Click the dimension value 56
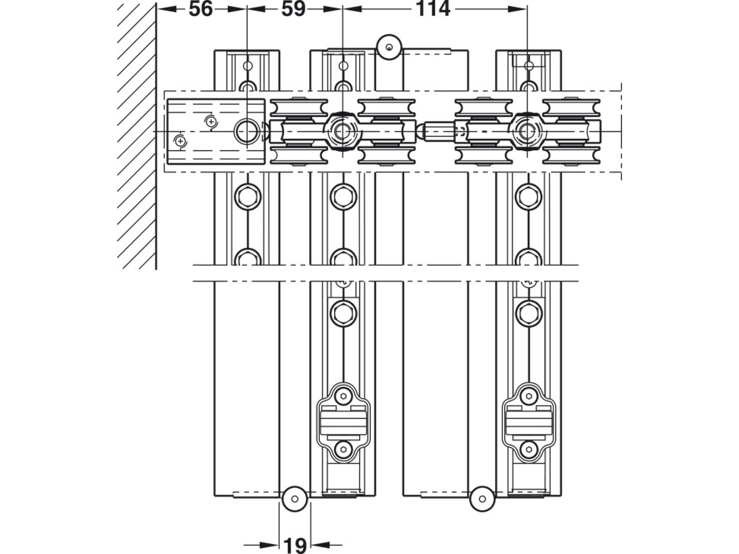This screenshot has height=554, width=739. tap(201, 9)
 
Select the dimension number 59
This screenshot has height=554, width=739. tap(294, 9)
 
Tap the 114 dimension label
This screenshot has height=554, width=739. tap(433, 9)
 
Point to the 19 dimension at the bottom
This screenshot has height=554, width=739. tap(295, 545)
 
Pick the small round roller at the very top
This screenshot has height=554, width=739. tap(389, 47)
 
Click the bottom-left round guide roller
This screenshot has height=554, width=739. tap(295, 499)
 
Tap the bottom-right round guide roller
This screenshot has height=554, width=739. tap(482, 499)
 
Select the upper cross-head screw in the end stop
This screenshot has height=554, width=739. tap(211, 122)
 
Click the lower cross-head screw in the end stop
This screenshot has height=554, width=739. tap(180, 142)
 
